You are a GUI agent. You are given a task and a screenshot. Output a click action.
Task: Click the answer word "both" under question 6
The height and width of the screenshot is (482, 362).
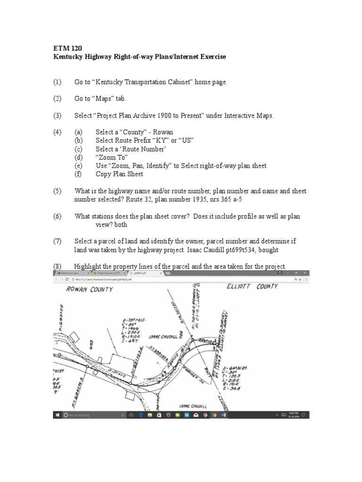(121, 225)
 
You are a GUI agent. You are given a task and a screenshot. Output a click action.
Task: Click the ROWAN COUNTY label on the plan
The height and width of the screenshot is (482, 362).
(90, 289)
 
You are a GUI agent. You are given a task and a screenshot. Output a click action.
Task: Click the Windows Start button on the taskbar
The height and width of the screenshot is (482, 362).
(57, 415)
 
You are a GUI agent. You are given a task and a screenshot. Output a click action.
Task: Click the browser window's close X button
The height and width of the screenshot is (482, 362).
(306, 273)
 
